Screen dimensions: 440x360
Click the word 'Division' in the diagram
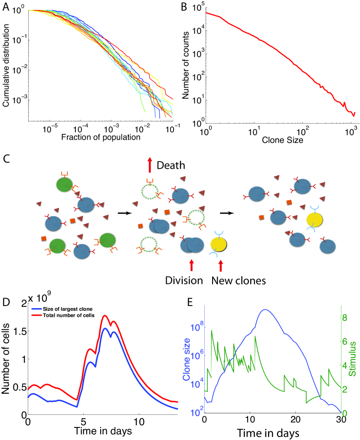184,280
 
